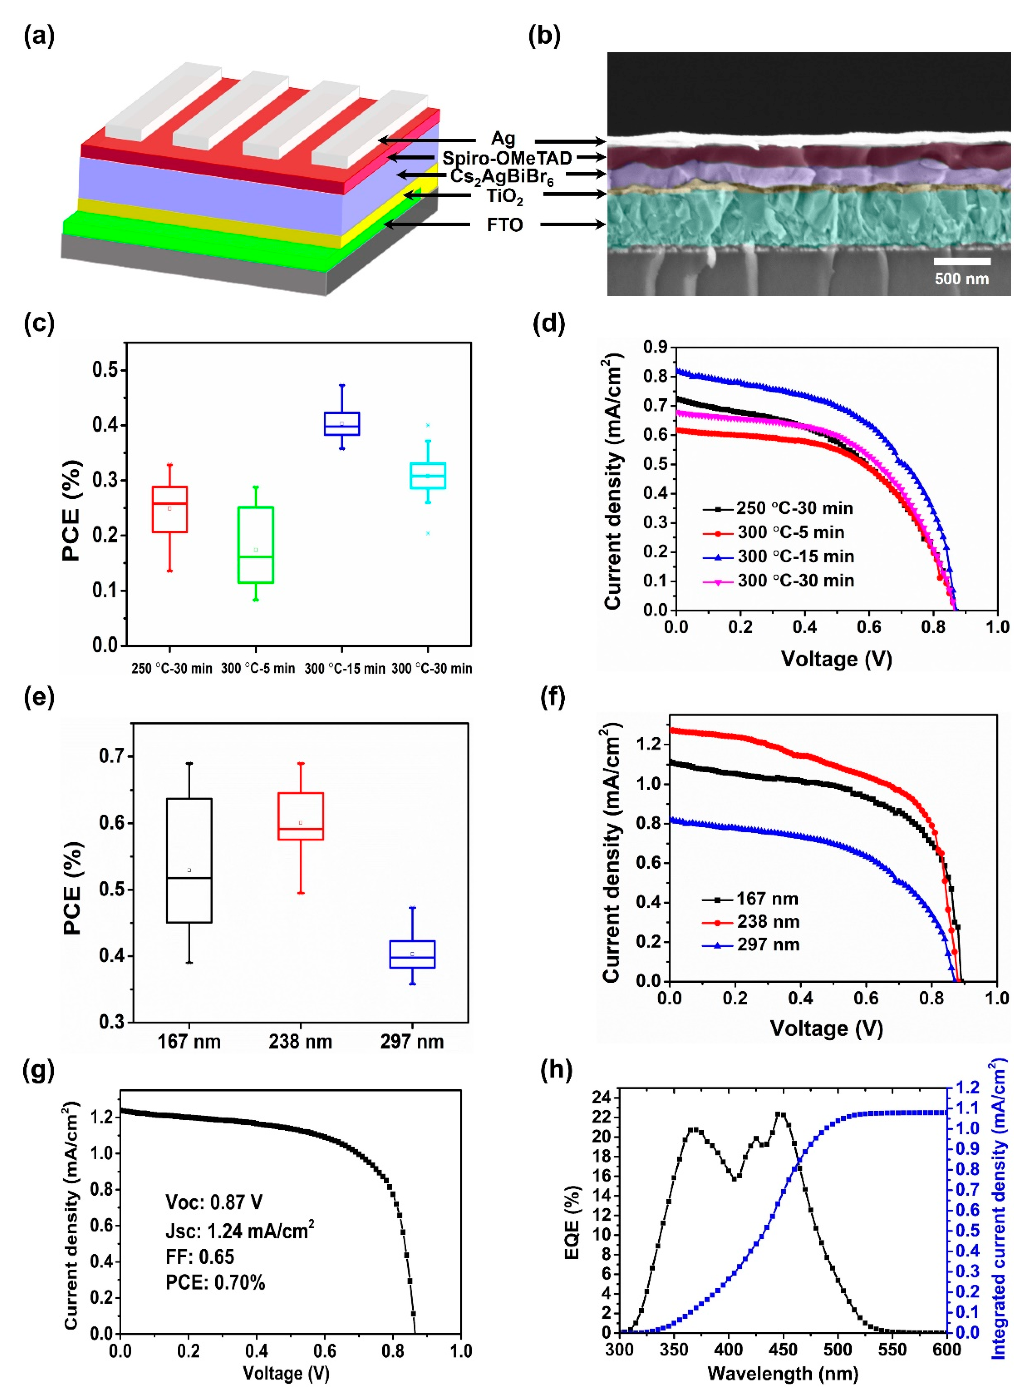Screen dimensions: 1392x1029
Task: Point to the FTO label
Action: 504,225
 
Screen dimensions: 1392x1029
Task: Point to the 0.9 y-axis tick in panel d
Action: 655,347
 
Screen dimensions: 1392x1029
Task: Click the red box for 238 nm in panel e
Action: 301,816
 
